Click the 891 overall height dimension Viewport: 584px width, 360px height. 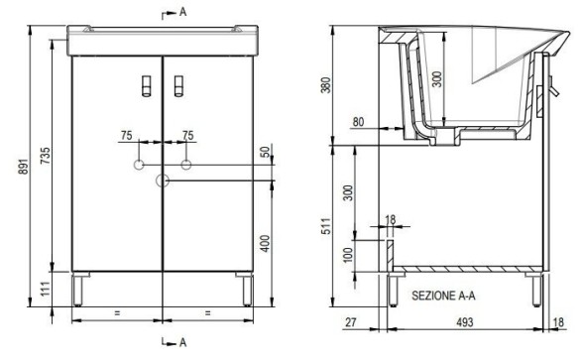(24, 167)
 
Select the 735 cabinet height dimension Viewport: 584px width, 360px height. (45, 156)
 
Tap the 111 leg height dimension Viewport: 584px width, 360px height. (45, 289)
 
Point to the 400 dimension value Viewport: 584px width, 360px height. (265, 243)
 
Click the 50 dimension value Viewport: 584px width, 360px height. (265, 152)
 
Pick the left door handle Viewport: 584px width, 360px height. (147, 86)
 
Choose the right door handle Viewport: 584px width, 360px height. (178, 86)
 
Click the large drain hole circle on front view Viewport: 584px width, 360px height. (163, 180)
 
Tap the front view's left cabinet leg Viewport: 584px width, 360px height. (78, 290)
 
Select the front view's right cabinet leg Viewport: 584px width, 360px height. (247, 290)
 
